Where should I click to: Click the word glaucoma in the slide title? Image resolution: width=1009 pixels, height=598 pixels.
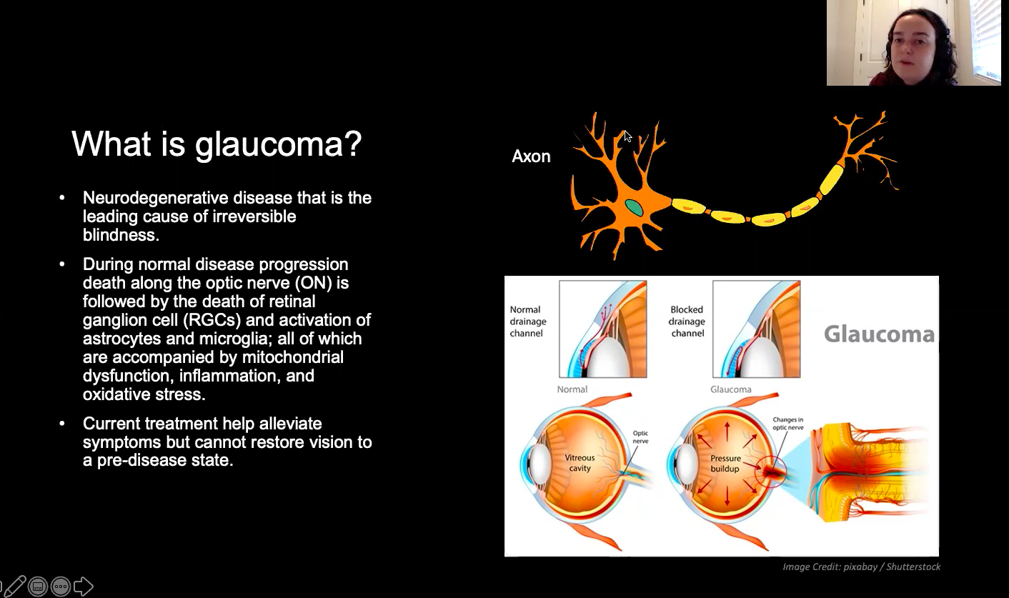(x=278, y=145)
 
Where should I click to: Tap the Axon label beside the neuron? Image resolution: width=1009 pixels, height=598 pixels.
(x=531, y=156)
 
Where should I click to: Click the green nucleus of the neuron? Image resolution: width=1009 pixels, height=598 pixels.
(x=634, y=208)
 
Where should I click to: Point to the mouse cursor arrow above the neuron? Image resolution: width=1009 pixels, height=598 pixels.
(x=628, y=136)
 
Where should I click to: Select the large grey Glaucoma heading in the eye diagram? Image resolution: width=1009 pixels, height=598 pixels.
(x=879, y=334)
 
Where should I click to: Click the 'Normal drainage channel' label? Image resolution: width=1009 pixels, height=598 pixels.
(x=528, y=322)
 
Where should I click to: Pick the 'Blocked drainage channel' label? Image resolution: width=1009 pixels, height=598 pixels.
(x=687, y=322)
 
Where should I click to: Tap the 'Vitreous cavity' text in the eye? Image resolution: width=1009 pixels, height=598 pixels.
(x=580, y=463)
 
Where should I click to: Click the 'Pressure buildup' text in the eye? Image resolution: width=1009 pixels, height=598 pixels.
(x=725, y=464)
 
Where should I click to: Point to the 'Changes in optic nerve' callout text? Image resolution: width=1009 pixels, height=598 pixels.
(x=787, y=423)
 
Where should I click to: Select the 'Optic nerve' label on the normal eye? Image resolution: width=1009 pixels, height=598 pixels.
(x=640, y=437)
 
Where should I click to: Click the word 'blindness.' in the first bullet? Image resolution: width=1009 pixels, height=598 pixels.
(x=121, y=235)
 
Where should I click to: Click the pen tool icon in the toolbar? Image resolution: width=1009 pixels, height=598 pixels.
(x=14, y=587)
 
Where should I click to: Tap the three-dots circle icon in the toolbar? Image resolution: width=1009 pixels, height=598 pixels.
(x=61, y=587)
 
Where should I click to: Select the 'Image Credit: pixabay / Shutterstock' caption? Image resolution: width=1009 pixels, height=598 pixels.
(x=861, y=567)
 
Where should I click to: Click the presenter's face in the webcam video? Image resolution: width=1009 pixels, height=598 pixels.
(x=911, y=49)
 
